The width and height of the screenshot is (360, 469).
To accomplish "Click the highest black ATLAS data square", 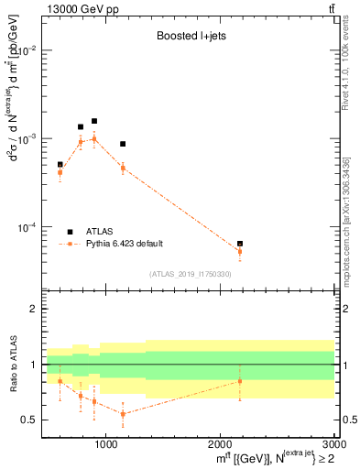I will point(93,121).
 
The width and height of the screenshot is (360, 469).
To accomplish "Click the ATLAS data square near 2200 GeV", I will point(240,244).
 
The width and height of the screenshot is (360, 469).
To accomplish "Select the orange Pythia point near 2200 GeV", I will point(240,252).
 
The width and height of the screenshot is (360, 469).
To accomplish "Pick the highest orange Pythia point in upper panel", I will point(93,139).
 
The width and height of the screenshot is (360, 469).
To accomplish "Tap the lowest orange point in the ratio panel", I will point(123,414).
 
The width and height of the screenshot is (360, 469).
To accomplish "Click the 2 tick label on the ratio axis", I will point(34,309).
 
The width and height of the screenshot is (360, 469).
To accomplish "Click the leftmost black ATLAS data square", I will point(60,165).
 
